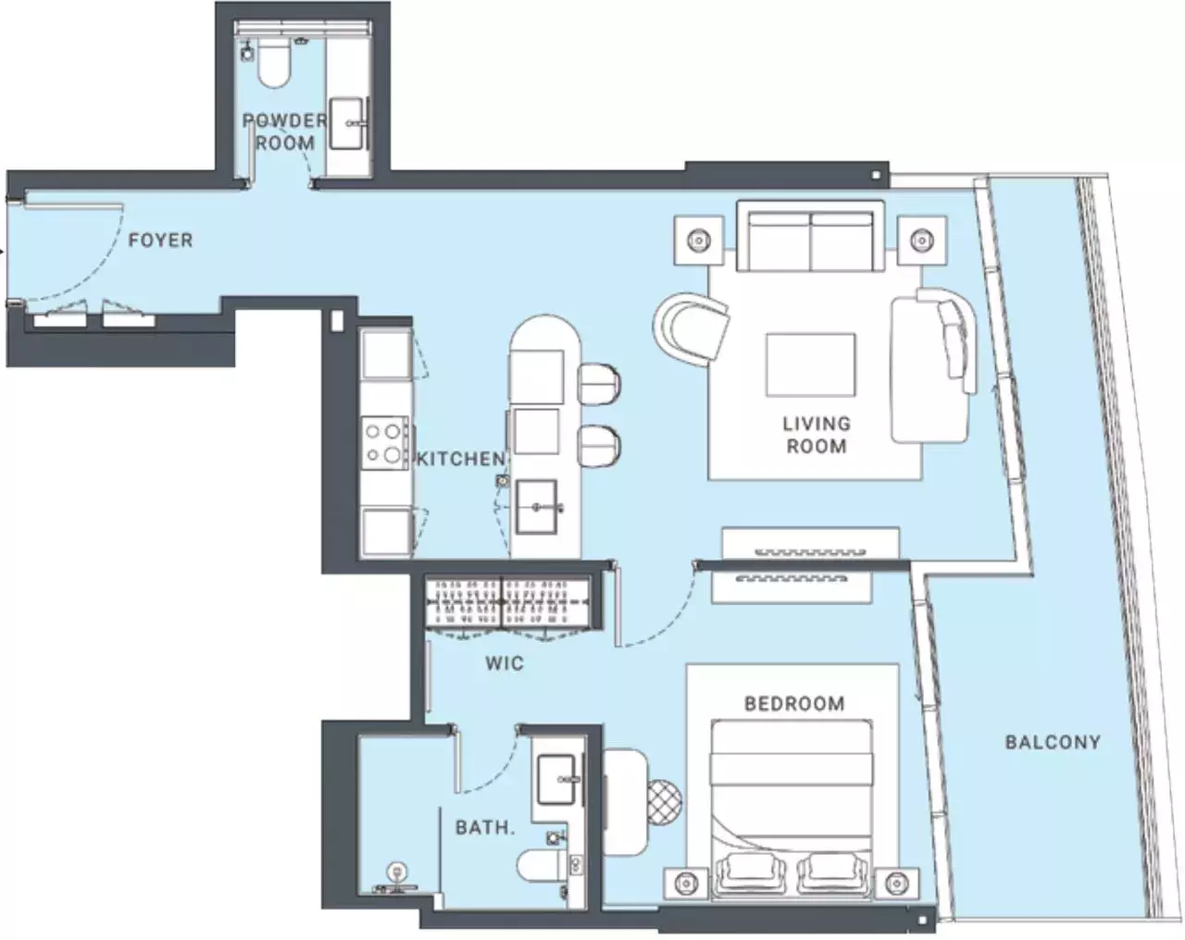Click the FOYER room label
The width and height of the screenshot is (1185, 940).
160,241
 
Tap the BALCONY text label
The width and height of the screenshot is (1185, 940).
1053,742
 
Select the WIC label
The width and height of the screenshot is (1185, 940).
504,663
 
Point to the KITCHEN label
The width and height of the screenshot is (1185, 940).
460,459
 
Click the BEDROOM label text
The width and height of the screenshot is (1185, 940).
794,703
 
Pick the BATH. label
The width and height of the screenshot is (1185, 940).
484,827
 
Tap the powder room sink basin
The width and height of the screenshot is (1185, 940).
347,123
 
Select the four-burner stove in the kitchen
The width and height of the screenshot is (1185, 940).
385,442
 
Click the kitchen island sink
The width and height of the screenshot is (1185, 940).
536,507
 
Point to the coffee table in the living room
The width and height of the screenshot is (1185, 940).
811,365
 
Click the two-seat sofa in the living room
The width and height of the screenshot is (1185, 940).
811,236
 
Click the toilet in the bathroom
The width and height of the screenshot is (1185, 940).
543,866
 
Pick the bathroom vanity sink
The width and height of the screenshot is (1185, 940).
557,780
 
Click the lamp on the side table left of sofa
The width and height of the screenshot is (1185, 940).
699,241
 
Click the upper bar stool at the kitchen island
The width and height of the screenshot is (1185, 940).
599,384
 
